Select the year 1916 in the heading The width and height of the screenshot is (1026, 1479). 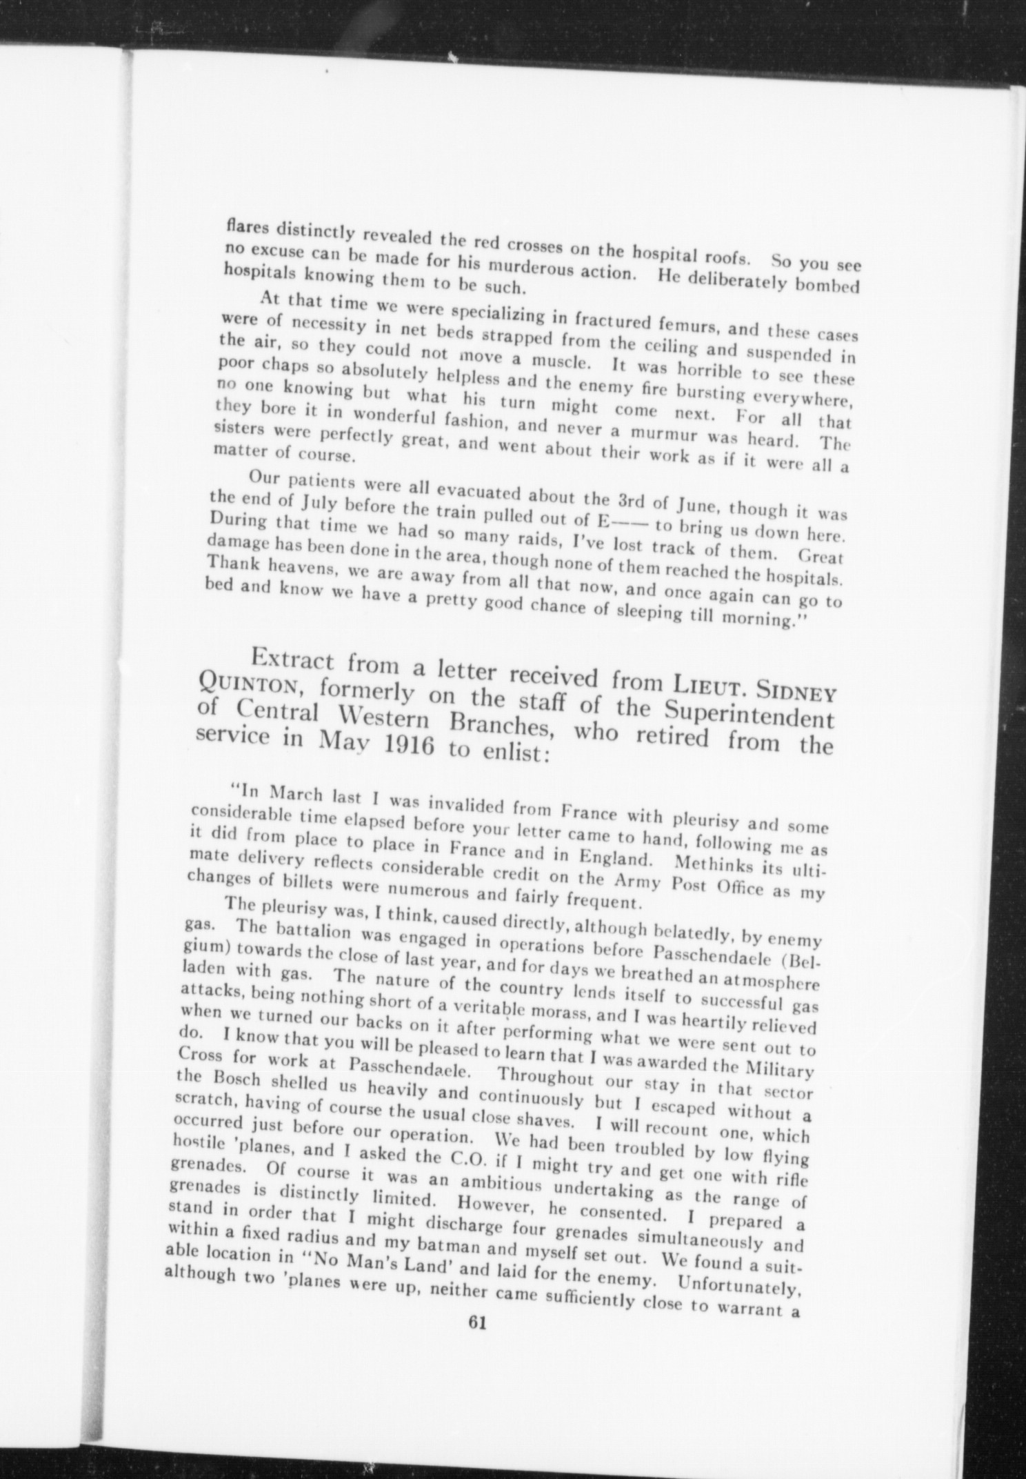click(x=401, y=747)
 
